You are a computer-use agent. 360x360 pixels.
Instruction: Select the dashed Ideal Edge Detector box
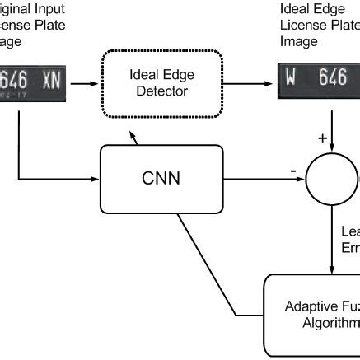(161, 82)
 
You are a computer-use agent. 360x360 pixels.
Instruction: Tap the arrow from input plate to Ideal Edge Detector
(86, 82)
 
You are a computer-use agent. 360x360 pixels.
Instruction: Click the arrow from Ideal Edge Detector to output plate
(251, 82)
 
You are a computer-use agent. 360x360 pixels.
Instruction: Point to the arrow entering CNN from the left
(58, 178)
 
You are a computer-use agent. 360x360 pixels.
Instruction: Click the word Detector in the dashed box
(161, 90)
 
